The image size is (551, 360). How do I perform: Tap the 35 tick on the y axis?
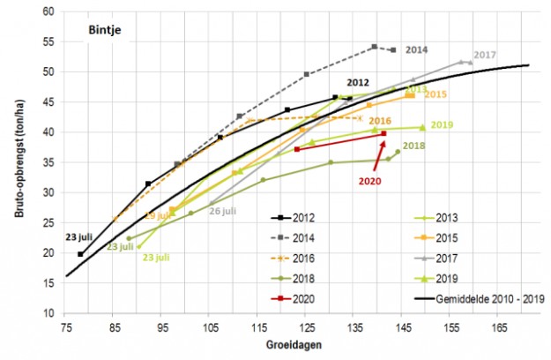[x=49, y=162]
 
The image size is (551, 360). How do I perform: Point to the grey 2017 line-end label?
[x=485, y=56]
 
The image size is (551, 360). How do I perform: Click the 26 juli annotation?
[x=221, y=211]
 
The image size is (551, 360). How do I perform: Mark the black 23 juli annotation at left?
[x=78, y=237]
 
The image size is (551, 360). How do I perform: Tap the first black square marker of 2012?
[x=81, y=254]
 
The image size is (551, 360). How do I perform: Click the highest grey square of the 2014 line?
[x=375, y=47]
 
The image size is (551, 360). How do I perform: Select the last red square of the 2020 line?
[x=383, y=134]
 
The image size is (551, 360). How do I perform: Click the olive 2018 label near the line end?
[x=414, y=146]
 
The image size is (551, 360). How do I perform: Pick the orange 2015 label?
[x=436, y=94]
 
